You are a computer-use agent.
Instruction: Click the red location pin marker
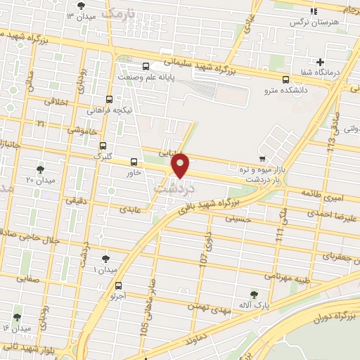[x=181, y=167]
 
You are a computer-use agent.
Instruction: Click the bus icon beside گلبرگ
[x=103, y=144]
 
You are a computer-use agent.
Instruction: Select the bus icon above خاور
[x=134, y=162]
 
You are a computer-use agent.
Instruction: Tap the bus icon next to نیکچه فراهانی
[x=108, y=99]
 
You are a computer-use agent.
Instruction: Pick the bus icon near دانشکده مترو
[x=285, y=79]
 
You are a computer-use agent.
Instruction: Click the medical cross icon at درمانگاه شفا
[x=321, y=62]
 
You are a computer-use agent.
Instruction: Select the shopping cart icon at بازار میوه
[x=262, y=158]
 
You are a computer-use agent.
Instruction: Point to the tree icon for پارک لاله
[x=255, y=294]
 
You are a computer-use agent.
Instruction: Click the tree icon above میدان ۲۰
[x=39, y=169]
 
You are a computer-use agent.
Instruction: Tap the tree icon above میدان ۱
[x=105, y=259]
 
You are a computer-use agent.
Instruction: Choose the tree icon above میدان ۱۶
[x=17, y=317]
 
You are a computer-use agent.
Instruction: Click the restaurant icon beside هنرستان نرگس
[x=314, y=11]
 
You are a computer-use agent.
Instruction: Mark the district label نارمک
[x=116, y=13]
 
